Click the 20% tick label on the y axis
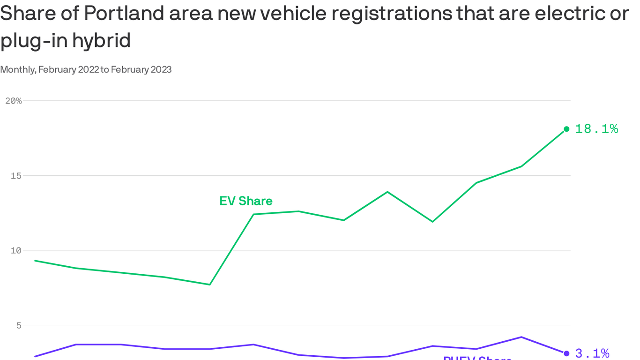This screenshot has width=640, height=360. click(13, 101)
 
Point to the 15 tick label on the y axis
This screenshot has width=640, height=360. click(16, 176)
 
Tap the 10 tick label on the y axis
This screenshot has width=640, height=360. click(16, 250)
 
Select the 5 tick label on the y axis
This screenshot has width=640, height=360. click(19, 325)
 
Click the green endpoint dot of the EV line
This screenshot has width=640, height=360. click(566, 129)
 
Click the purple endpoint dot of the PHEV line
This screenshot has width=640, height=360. click(566, 353)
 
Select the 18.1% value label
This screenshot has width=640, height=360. click(596, 129)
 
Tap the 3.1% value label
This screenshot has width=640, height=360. click(592, 353)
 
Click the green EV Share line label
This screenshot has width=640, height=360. click(246, 201)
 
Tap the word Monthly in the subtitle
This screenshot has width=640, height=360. click(18, 70)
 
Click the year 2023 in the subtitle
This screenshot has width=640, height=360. click(162, 70)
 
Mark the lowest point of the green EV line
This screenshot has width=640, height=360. click(209, 285)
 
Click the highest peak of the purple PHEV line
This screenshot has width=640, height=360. click(521, 337)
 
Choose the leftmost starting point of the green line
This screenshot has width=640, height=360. click(35, 261)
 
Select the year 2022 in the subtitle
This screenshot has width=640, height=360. click(89, 70)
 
